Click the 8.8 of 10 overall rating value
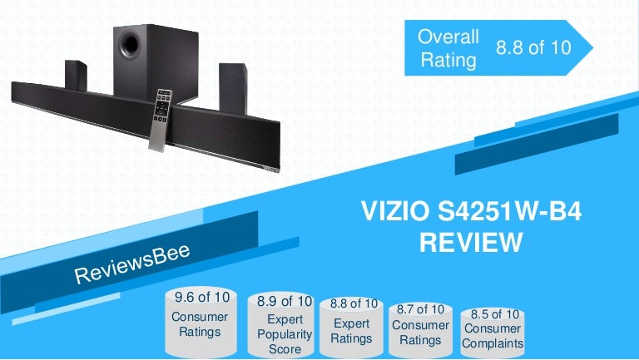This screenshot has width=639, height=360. (533, 47)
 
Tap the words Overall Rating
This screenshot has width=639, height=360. (448, 47)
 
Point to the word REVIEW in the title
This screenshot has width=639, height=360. (471, 242)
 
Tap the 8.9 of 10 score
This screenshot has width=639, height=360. (285, 300)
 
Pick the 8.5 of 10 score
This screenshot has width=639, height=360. (495, 314)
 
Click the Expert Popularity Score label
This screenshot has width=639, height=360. (285, 333)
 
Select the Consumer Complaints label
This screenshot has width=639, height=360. (495, 336)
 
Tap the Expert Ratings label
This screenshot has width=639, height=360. (351, 331)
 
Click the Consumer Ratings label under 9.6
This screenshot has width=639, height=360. (199, 324)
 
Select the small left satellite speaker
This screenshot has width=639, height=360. (75, 76)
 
